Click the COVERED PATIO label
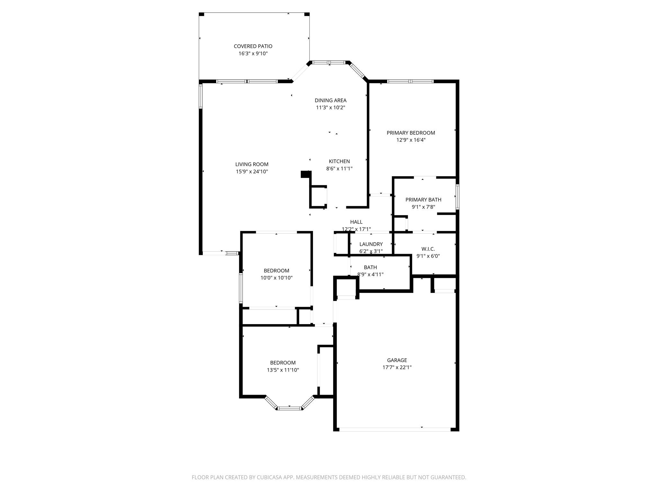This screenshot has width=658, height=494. coord(253,46)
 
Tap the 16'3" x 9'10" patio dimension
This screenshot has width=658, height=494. coord(253,53)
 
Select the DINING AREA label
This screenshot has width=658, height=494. coord(330,100)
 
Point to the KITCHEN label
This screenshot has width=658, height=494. coord(339,161)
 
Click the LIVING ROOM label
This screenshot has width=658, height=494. coord(252,164)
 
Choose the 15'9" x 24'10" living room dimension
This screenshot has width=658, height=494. coord(252,171)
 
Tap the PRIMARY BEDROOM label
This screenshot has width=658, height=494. coord(411,133)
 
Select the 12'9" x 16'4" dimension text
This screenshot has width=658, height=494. coord(411,140)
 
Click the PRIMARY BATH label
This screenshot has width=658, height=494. coord(423,200)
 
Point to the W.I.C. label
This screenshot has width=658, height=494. coord(428,249)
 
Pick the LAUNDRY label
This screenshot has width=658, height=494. coord(371,244)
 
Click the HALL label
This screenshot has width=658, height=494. coord(356,222)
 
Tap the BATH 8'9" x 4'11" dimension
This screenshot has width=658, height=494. coord(370,274)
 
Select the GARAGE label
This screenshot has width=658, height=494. coord(397,360)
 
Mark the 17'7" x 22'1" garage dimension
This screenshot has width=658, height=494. coord(397,367)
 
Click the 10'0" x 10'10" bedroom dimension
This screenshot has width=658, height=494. coord(276,278)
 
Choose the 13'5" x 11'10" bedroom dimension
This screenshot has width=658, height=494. coord(283,370)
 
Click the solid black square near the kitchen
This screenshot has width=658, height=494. coord(305,174)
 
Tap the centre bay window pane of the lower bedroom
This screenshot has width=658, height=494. coord(289,408)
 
